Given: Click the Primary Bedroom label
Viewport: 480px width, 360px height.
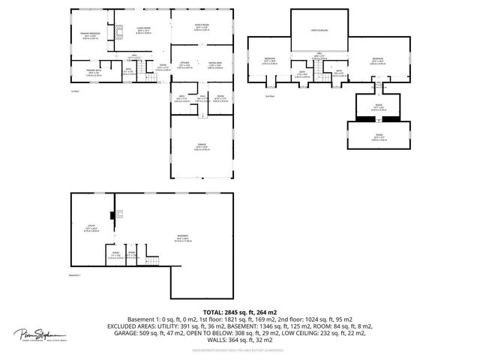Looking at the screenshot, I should click(x=89, y=33).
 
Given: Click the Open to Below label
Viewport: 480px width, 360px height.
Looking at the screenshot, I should click(x=320, y=31).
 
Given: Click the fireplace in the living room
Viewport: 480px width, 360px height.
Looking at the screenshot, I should click(x=116, y=34).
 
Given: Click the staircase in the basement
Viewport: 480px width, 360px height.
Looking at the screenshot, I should click(x=152, y=262).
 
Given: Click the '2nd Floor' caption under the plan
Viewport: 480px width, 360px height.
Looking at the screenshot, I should click(x=271, y=96).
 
